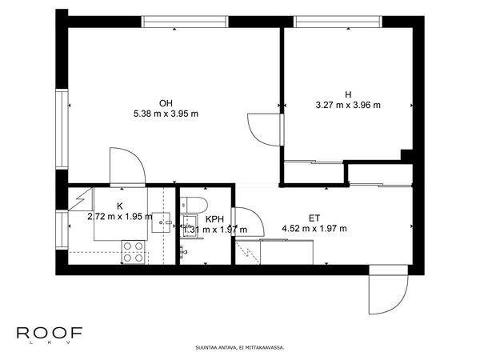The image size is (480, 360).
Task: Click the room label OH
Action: tap(166, 103)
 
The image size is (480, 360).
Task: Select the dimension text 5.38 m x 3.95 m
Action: tap(166, 114)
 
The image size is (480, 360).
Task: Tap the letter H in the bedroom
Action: tap(348, 94)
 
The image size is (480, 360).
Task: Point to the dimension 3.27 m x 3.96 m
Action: tap(348, 104)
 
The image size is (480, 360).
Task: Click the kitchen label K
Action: tap(120, 206)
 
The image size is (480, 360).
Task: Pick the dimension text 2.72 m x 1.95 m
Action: tap(119, 216)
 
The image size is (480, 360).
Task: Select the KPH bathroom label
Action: tap(214, 219)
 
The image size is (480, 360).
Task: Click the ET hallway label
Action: tap(314, 218)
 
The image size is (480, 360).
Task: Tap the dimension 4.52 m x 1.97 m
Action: tap(314, 228)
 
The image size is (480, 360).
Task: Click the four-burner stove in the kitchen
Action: tap(132, 252)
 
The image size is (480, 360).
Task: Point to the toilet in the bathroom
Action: tap(194, 203)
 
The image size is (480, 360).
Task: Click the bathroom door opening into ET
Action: tap(244, 227)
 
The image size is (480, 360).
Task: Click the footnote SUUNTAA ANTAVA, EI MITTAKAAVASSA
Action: tap(240, 348)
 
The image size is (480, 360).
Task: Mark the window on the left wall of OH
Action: tap(61, 129)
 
